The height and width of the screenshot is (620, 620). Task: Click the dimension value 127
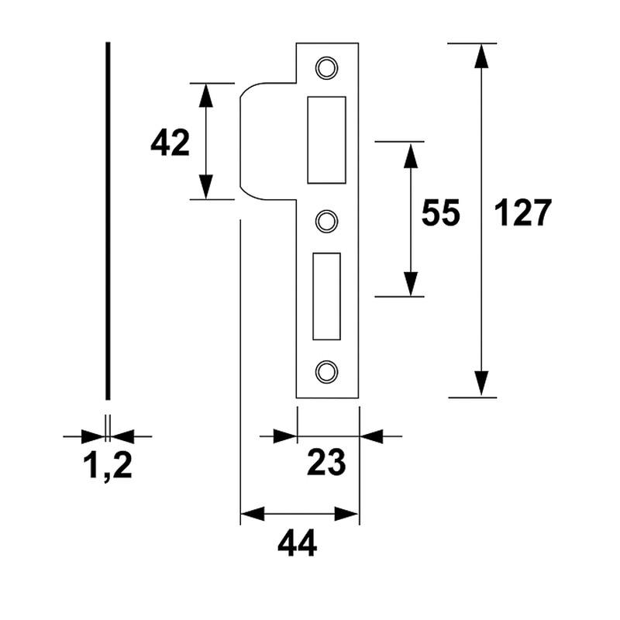521,213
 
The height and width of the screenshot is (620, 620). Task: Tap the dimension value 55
440,213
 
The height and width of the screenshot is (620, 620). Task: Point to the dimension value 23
325,463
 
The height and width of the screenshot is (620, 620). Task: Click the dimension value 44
297,545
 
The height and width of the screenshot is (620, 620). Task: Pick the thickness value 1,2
108,466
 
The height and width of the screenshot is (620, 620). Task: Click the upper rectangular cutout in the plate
326,139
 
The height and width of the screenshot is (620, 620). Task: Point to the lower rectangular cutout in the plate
326,296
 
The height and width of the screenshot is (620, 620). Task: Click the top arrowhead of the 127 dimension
481,56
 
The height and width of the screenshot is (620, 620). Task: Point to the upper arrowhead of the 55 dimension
410,154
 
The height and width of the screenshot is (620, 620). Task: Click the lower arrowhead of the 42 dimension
206,187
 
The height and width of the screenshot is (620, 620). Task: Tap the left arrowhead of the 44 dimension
253,513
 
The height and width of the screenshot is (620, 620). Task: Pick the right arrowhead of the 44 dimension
347,513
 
